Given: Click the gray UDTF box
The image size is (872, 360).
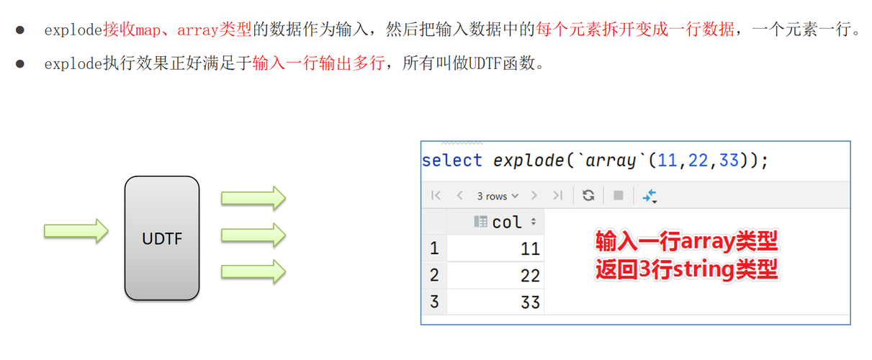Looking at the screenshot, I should coord(162,238).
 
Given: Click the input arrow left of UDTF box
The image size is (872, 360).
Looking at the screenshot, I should coord(76,230).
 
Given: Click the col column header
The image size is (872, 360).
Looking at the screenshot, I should coord(507,222).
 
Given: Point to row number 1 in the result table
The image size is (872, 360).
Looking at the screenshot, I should coord(433,249).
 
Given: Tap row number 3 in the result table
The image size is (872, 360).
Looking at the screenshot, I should coord(433,302).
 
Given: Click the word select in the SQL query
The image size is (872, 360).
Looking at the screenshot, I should coord(451,161).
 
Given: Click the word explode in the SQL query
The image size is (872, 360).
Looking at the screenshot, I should coord(529,161).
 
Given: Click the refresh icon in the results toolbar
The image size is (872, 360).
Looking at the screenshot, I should coord(588,195).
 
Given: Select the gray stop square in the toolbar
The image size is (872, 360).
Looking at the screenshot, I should coord(618,195).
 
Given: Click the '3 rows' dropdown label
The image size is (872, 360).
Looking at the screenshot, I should coord(497,196).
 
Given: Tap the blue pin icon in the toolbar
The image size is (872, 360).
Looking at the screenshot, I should coord(649,195).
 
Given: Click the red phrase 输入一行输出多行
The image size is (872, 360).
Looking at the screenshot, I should coord(318,63).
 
